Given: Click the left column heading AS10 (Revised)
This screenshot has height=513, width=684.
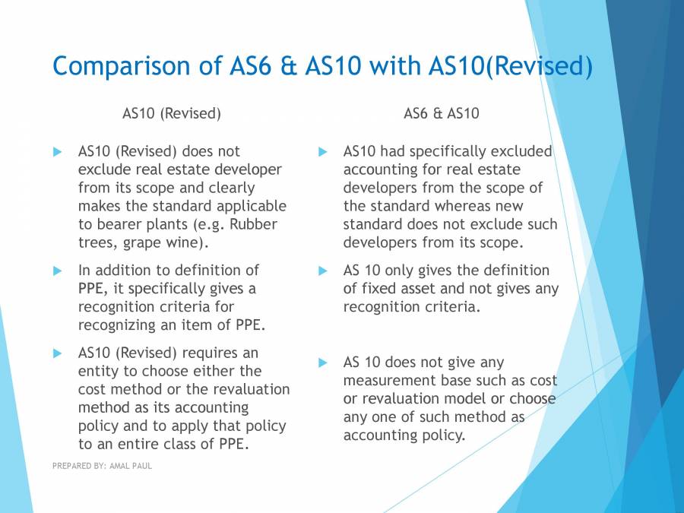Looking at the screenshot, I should [172, 113].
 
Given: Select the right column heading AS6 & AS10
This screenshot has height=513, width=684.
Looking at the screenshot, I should [442, 113].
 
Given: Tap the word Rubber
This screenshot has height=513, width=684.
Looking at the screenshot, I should [254, 224].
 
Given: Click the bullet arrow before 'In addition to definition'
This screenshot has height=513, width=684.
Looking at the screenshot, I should [58, 271].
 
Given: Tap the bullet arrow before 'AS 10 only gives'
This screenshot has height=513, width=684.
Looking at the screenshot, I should [323, 271].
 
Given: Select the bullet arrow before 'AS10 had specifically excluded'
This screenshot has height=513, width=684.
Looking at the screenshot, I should [323, 152].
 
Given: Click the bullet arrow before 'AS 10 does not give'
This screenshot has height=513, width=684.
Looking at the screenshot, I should [323, 363].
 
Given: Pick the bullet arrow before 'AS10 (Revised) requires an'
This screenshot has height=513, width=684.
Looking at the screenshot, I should [58, 353].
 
